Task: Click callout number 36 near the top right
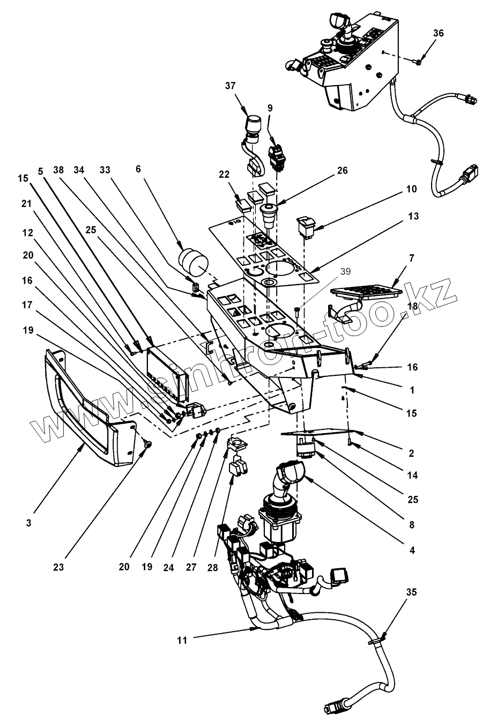pyautogui.click(x=439, y=33)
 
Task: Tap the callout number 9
pyautogui.click(x=270, y=108)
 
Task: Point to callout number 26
pyautogui.click(x=343, y=170)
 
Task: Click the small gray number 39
pyautogui.click(x=346, y=272)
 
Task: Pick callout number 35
pyautogui.click(x=411, y=592)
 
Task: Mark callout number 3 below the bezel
pyautogui.click(x=28, y=523)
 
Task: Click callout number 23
pyautogui.click(x=58, y=567)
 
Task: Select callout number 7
pyautogui.click(x=412, y=258)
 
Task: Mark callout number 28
pyautogui.click(x=212, y=567)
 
